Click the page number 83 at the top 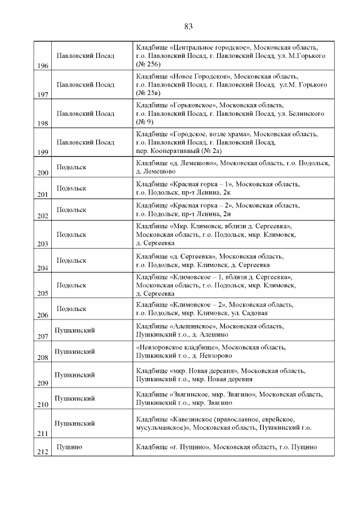188,26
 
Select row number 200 43,173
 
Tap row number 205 43,293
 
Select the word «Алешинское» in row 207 192,326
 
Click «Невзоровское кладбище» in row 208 179,347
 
